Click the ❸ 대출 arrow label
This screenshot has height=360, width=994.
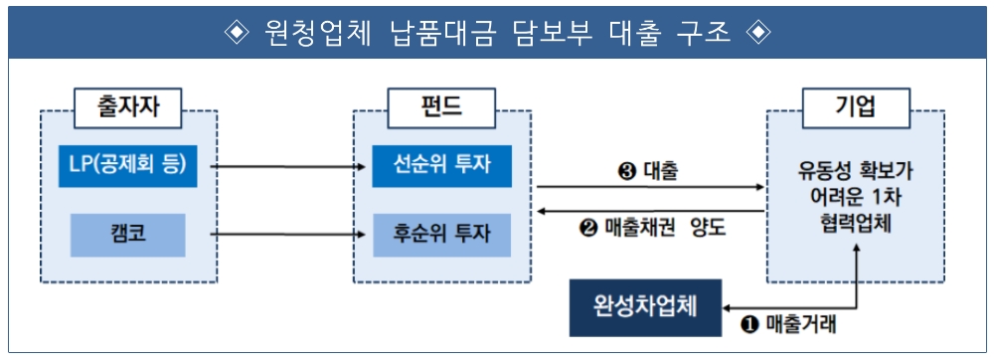pos(648,171)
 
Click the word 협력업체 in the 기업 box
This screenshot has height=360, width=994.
pos(855,225)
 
